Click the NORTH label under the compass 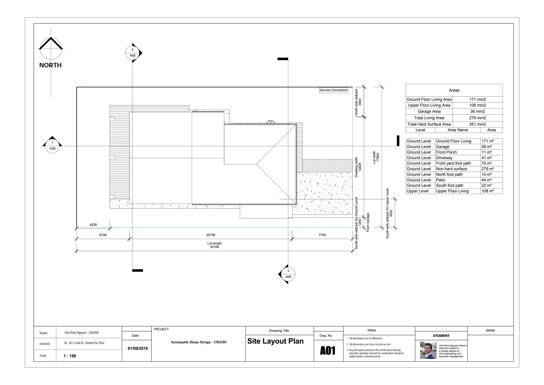50,65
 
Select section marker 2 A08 133,53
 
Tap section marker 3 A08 288,274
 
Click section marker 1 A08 52,146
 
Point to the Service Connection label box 333,90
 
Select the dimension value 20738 211,235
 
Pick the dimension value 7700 322,235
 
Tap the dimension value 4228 93,225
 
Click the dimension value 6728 103,235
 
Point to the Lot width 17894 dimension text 376,157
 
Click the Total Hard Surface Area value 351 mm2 477,124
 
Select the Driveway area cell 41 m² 487,158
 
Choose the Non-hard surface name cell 452,169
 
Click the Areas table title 454,90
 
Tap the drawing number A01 328,351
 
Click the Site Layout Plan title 275,341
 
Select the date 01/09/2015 138,348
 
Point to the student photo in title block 428,350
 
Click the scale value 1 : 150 70,356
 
